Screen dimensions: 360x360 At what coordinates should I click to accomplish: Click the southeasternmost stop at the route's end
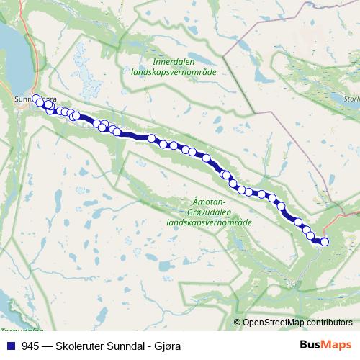[x=324, y=242]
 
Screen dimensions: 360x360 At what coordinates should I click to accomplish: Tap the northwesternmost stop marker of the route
[x=35, y=99]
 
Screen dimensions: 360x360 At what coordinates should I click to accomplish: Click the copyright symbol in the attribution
[x=237, y=322]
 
